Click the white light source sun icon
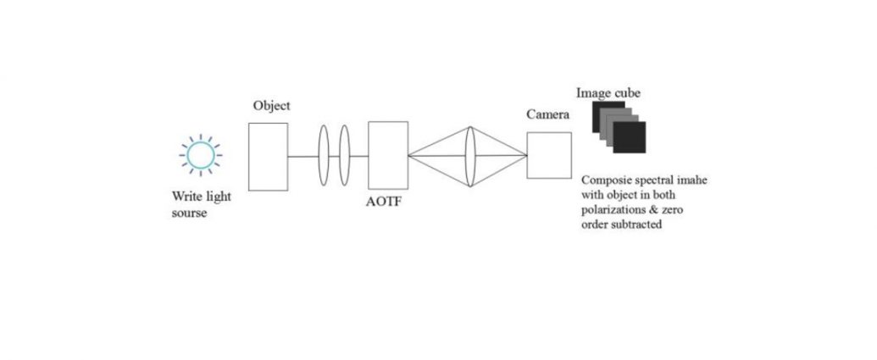(x=200, y=155)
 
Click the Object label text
(x=272, y=105)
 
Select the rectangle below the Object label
(x=268, y=157)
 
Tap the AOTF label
(x=383, y=202)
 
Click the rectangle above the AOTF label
(x=388, y=155)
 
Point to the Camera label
(x=548, y=114)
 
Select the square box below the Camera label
(x=549, y=155)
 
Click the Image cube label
(x=608, y=93)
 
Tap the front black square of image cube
(x=630, y=137)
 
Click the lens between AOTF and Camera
(x=470, y=156)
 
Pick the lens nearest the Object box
(x=324, y=155)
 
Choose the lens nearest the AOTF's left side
(x=345, y=155)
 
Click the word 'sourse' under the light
(x=189, y=213)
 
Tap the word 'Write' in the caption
(x=186, y=197)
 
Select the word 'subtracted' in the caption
(x=636, y=224)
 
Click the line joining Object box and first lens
(x=303, y=157)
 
